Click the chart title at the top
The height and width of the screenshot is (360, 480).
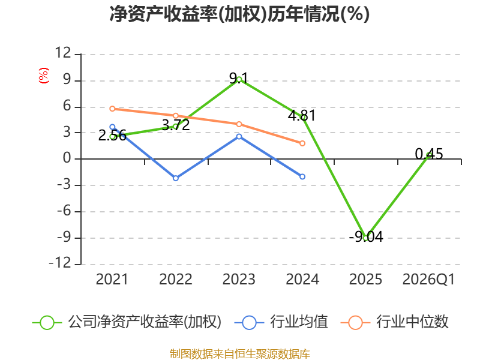pos(239,14)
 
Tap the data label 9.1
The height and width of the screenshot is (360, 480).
pos(239,79)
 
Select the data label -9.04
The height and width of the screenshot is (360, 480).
pos(366,236)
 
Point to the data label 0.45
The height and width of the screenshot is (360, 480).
pos(429,154)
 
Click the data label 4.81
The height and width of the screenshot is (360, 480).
pos(302,115)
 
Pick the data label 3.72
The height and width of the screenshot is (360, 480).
pos(176,125)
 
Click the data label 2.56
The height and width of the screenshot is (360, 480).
pos(112,136)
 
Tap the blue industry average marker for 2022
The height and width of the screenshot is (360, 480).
pos(176,178)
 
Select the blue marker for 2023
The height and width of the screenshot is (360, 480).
pos(239,137)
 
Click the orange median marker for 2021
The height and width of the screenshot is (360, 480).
pos(112,109)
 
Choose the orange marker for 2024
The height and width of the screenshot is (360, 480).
pos(302,143)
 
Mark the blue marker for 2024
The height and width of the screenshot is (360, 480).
pos(302,176)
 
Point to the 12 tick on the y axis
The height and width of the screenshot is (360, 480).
pos(63,53)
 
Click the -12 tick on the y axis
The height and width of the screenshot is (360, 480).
pos(60,263)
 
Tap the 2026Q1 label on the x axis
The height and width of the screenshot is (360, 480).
pos(428,280)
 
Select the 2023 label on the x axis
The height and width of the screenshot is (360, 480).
pos(239,280)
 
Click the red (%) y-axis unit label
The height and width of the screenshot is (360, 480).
pos(43,76)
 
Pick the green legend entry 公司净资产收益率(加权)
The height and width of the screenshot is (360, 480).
pos(127,322)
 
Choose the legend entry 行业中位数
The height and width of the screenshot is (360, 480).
pos(395,322)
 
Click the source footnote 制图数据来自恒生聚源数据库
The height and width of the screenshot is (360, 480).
pos(240,354)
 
